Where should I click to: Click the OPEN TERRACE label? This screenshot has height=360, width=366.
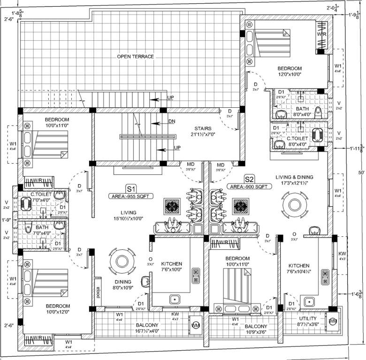click(136, 57)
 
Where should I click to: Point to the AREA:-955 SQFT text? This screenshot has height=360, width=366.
click(130, 196)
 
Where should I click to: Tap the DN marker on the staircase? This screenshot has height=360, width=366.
click(171, 121)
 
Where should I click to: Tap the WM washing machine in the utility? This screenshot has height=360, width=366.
click(333, 321)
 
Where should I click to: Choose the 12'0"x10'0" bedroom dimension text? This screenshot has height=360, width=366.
click(289, 74)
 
